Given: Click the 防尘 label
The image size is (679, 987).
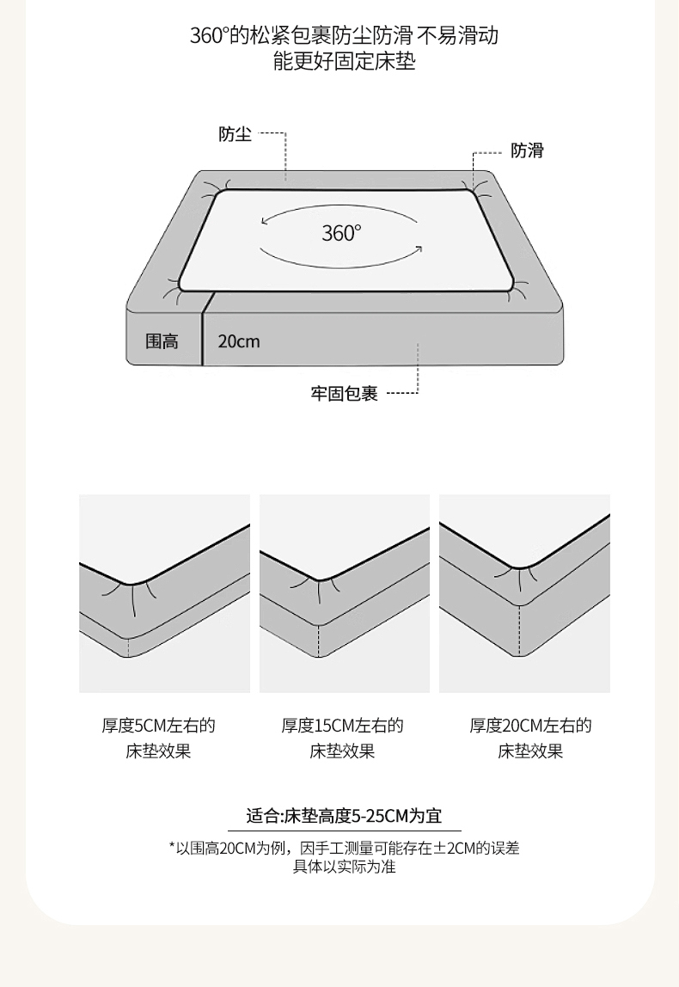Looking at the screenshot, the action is point(235,134).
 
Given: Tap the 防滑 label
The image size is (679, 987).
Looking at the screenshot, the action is point(527,150).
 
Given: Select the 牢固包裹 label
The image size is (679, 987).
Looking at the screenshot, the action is point(344,394).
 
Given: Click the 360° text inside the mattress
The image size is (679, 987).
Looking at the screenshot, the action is point(342,234).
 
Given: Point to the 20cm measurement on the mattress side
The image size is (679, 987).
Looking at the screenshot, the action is point(238,341).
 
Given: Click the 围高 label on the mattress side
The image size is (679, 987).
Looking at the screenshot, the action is point(162,341).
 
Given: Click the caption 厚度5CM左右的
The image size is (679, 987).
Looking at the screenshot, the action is point(159,726).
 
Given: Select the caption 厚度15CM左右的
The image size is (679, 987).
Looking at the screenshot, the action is point(342,726).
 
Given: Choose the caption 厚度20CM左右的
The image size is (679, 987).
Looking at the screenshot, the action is point(530,726).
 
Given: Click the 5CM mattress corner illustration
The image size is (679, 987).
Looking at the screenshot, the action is point(165,593).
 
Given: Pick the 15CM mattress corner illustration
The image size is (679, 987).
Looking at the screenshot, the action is point(345,593).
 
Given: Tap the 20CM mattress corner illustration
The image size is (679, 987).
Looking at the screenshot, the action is point(525,593).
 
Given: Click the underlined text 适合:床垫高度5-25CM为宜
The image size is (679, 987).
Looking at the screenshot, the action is point(344,816).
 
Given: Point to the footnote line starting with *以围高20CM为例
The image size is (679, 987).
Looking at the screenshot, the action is point(344,848).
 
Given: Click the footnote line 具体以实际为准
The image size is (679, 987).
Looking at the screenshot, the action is point(344,867).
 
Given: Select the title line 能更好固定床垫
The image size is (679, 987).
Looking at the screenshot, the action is point(344,62).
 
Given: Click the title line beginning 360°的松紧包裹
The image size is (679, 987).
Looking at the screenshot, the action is point(344,35).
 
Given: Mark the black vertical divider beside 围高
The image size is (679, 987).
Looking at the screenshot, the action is point(203,328).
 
